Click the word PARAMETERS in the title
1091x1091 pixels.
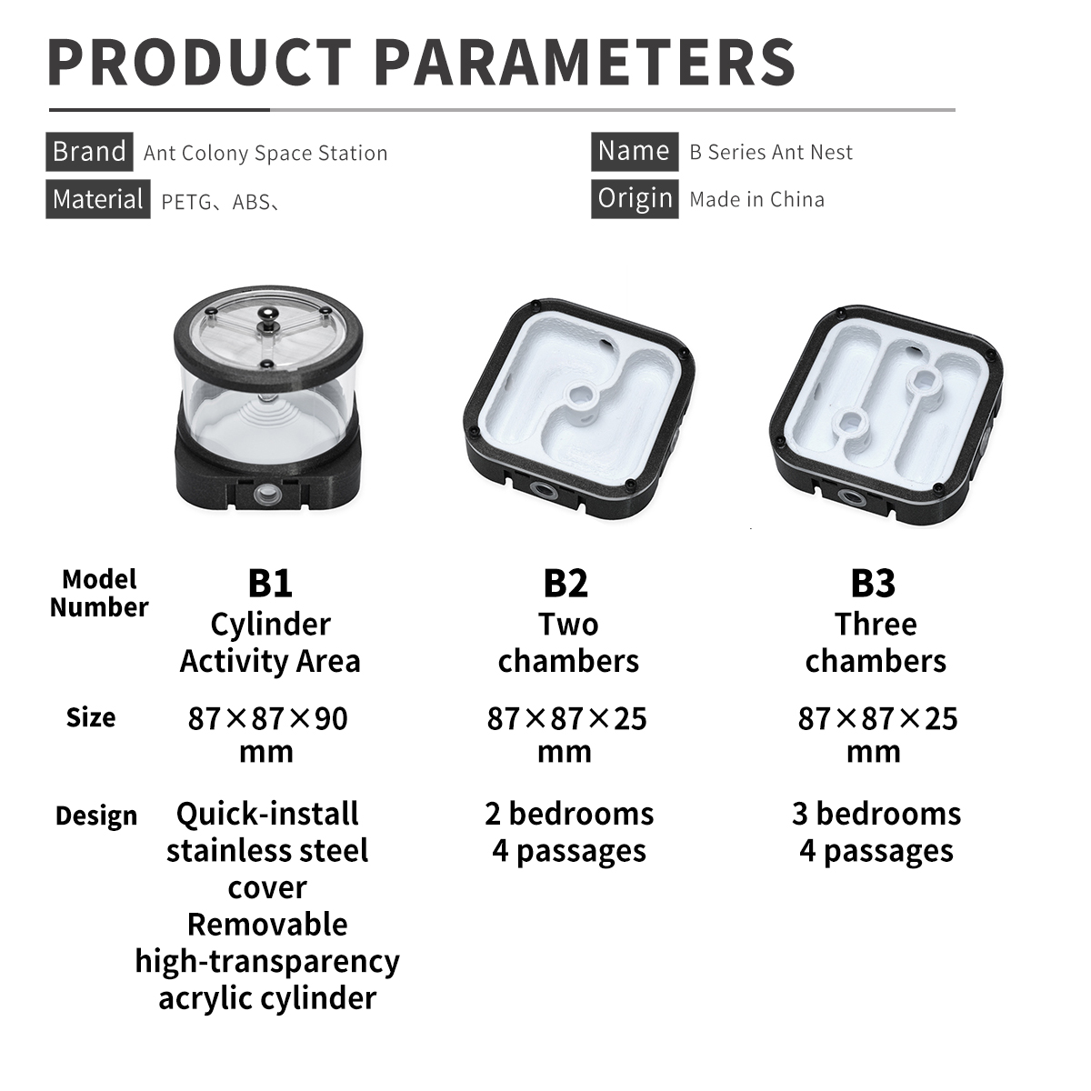click(585, 63)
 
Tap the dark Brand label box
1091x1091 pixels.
click(89, 152)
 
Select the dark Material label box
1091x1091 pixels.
click(98, 199)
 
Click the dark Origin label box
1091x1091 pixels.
click(635, 199)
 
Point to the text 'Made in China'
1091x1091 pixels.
click(757, 200)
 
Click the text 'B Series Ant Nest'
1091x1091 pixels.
click(771, 153)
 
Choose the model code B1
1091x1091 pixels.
click(270, 583)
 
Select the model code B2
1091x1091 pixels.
click(566, 583)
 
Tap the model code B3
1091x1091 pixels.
click(873, 583)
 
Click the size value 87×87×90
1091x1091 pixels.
click(268, 719)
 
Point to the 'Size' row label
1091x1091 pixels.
click(91, 718)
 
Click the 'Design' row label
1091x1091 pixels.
click(96, 816)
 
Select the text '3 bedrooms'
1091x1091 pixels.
click(876, 814)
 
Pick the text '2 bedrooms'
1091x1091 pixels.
click(569, 814)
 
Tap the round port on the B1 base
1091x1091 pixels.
click(266, 495)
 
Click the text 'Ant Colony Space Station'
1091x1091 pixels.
click(265, 154)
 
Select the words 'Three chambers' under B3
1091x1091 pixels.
click(876, 643)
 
